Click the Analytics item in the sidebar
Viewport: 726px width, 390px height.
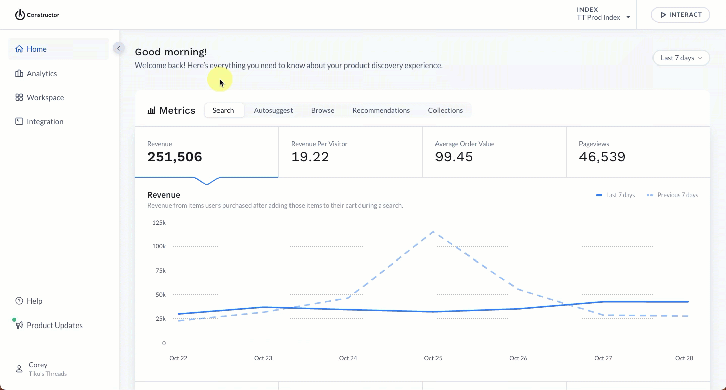42,74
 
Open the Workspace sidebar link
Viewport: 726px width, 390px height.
45,98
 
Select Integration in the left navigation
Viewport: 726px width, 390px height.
45,122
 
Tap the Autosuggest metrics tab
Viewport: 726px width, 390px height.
273,110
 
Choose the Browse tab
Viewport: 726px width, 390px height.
322,110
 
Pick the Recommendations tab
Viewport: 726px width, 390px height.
381,110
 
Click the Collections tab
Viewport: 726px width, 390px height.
445,110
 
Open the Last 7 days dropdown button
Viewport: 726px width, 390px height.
681,58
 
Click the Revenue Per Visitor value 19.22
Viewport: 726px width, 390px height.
310,157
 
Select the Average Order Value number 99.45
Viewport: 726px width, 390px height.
454,157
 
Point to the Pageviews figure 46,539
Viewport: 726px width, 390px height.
602,157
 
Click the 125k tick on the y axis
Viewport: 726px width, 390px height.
159,222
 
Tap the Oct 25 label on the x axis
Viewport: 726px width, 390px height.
433,358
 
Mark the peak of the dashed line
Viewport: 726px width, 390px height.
433,232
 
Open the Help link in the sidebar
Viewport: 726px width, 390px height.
34,301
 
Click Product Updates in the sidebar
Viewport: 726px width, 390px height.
54,326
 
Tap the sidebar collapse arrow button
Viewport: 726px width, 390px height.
118,48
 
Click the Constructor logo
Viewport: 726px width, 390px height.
37,15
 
